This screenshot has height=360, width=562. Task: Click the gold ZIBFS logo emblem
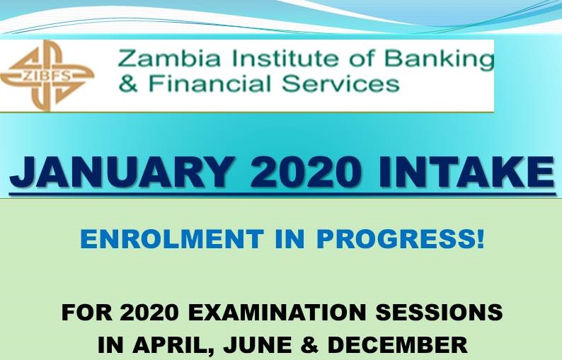(x=47, y=75)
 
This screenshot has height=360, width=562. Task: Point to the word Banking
(x=440, y=59)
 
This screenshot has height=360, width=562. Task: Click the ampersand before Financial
(x=127, y=84)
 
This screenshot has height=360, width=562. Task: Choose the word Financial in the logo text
(x=210, y=83)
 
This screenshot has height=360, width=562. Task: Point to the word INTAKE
(x=466, y=173)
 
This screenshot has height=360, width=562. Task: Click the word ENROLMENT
(x=173, y=238)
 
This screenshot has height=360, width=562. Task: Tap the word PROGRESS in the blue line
(x=396, y=238)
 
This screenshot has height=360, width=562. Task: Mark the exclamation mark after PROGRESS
(x=481, y=238)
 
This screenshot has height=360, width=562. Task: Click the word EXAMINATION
(x=277, y=312)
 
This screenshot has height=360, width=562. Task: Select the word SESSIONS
(x=439, y=312)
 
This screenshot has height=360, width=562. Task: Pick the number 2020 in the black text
(x=149, y=312)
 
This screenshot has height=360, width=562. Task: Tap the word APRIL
(x=173, y=345)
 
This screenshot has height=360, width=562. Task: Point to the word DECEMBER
(x=398, y=345)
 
